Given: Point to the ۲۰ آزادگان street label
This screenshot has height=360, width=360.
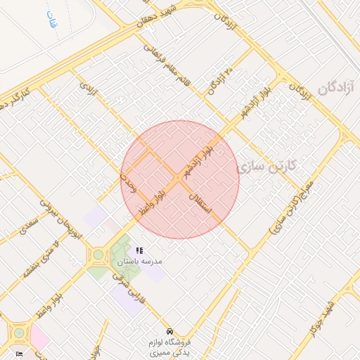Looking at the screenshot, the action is (x=219, y=82).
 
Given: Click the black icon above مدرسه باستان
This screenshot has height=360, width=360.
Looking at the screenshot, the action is (x=139, y=250).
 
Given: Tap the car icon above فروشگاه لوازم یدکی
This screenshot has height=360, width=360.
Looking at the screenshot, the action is (x=169, y=330).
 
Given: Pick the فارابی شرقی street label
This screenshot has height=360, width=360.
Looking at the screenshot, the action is (x=131, y=290).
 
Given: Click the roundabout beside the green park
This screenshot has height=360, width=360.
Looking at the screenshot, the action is (x=98, y=254).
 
